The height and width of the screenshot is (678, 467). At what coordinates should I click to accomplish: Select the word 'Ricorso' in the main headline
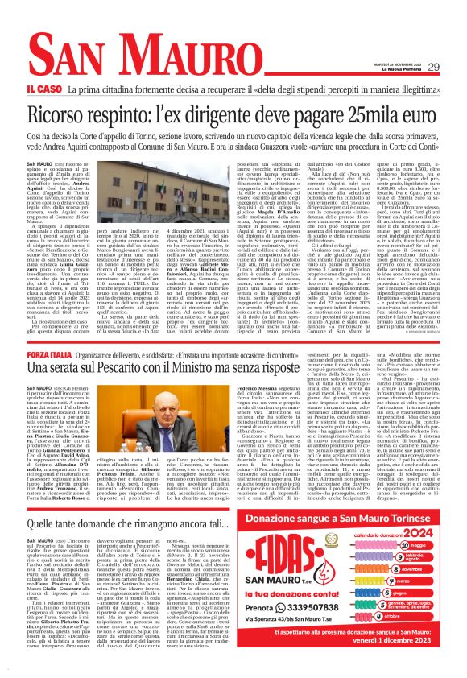(76, 118)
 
